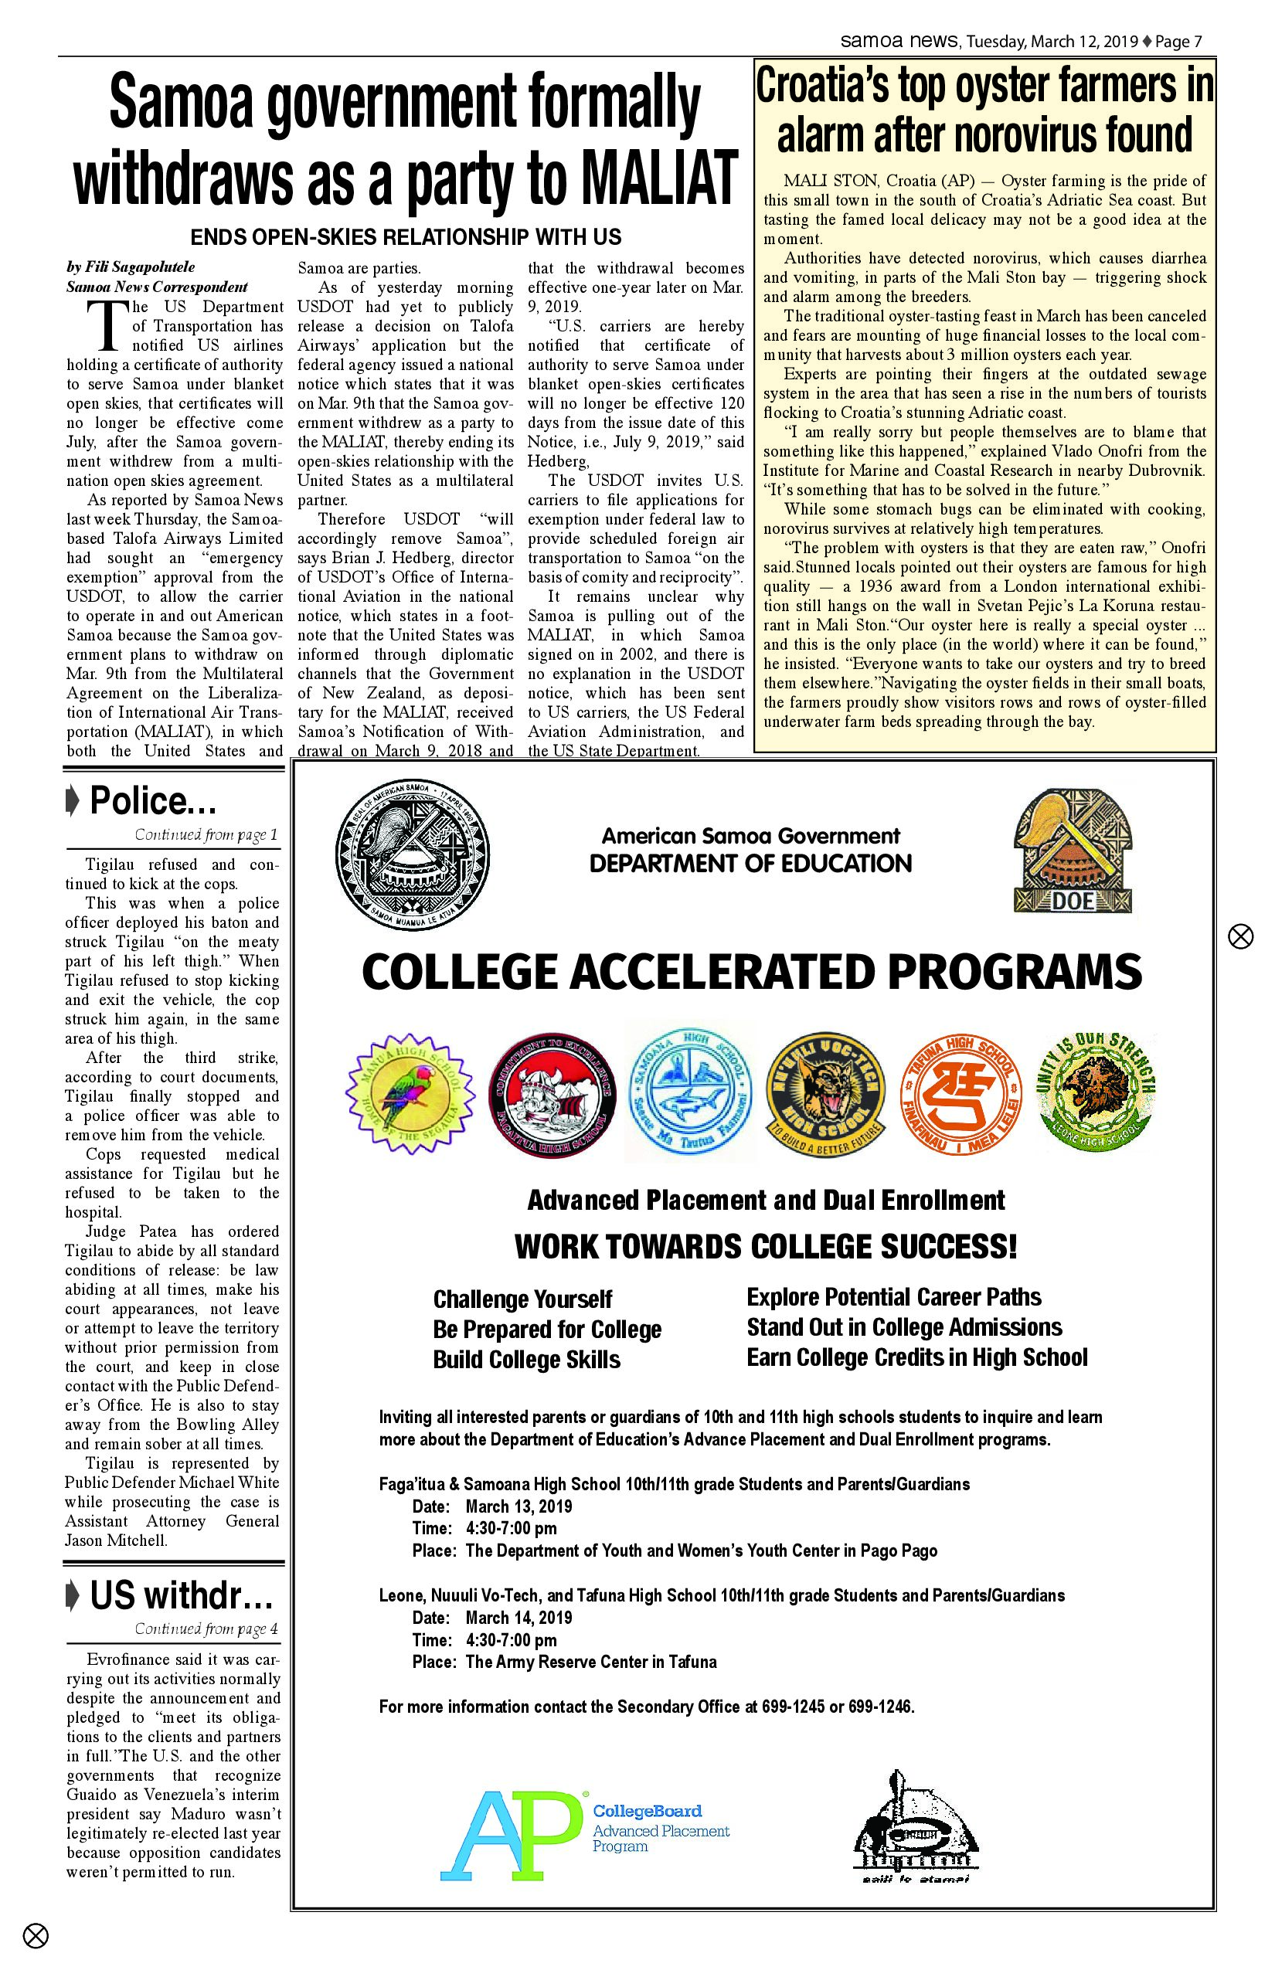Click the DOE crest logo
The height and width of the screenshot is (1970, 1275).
coord(1073,853)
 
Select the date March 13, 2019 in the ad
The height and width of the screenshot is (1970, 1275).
coord(518,1506)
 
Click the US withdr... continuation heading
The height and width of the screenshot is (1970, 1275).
coord(181,1596)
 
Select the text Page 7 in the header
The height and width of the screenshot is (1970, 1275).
coord(1178,42)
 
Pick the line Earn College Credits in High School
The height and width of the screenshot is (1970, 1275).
coord(916,1357)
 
